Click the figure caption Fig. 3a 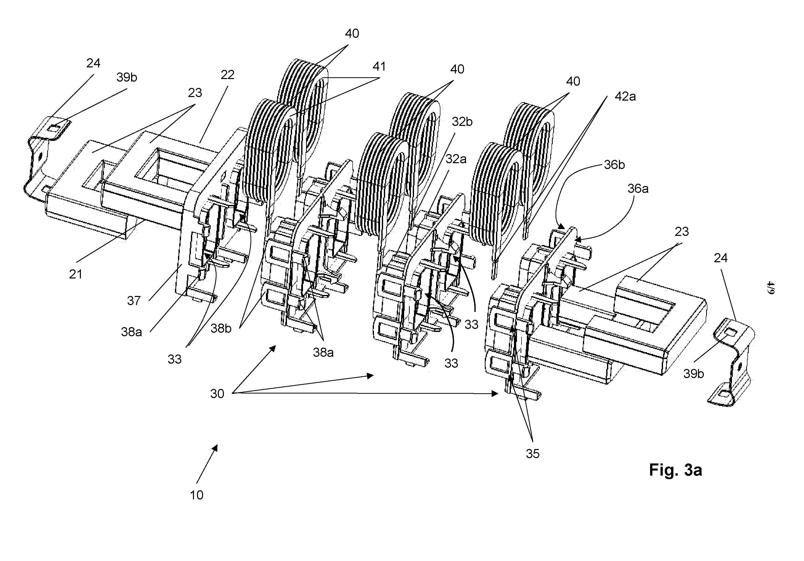pos(675,470)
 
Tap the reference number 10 pos(196,495)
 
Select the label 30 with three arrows pos(217,394)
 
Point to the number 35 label pos(533,454)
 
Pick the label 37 pos(134,301)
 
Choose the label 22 pos(228,75)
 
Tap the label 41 pos(379,66)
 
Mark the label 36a pos(638,189)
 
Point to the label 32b pos(462,122)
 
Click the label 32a pos(456,160)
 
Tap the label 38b pos(221,328)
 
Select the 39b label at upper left pos(127,77)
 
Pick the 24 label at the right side pos(721,258)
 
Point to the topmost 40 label pos(352,34)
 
